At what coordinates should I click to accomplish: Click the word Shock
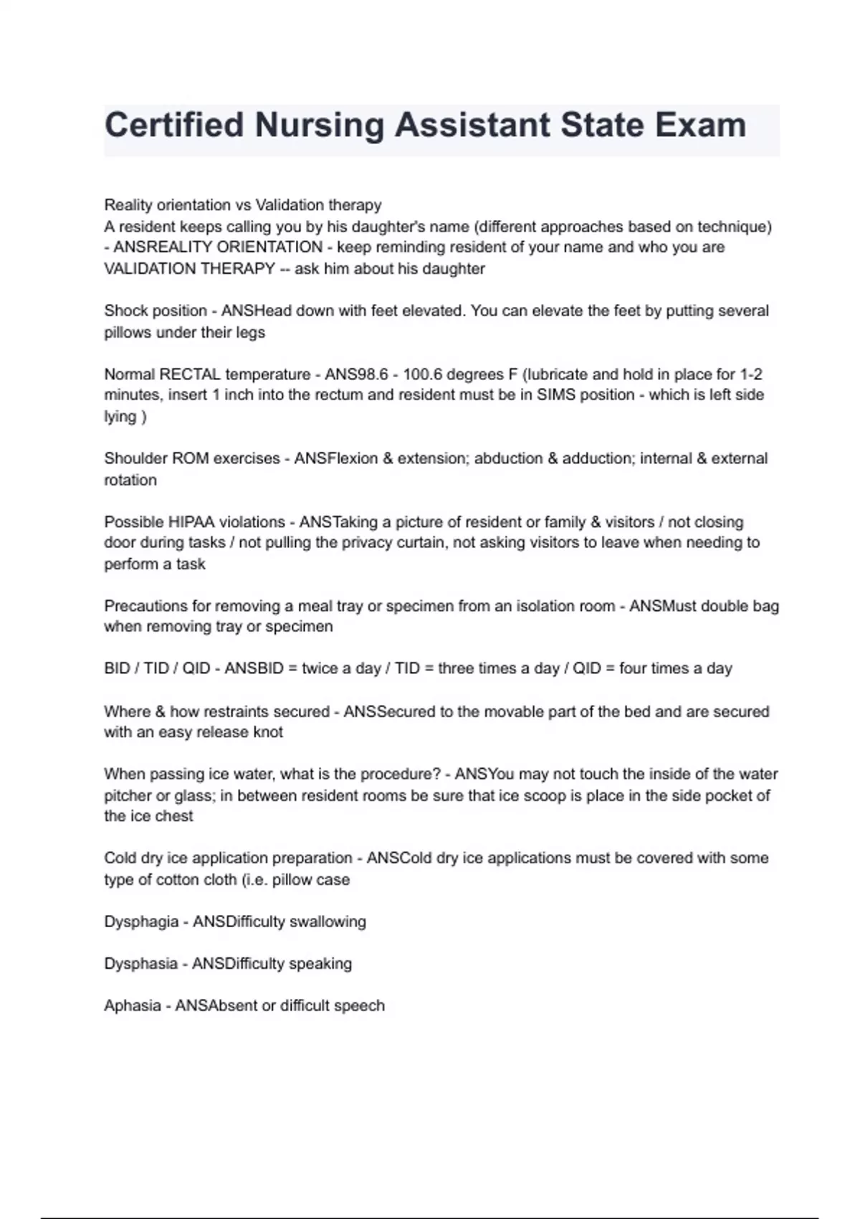pos(125,311)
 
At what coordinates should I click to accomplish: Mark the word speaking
pos(320,964)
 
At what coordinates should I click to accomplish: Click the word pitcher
pos(128,796)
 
